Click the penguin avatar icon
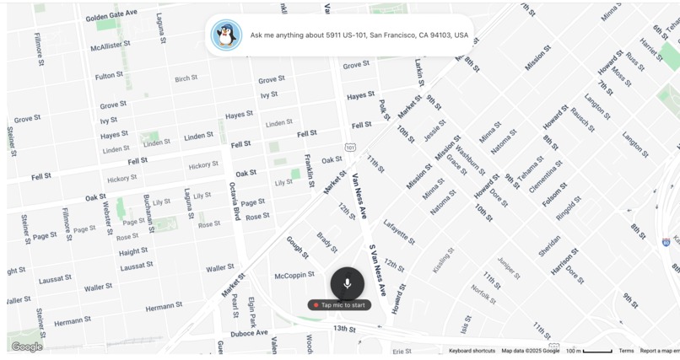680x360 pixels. (x=225, y=35)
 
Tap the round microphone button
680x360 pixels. (x=347, y=283)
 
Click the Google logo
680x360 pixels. (x=27, y=347)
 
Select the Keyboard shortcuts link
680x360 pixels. (x=472, y=351)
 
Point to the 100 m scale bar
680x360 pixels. (x=589, y=351)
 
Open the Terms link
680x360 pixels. (x=626, y=351)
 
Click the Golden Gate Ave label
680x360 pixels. (x=111, y=15)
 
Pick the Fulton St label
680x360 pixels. (x=109, y=76)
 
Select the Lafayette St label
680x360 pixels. (x=399, y=232)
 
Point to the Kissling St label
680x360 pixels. (x=443, y=260)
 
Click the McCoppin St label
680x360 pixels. (x=294, y=276)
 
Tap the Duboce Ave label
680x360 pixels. (x=249, y=333)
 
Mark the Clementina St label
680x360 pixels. (x=545, y=176)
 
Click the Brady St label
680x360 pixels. (x=327, y=242)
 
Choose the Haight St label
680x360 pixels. (x=132, y=251)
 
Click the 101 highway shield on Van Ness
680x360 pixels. (x=349, y=148)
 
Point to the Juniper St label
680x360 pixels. (x=509, y=267)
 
